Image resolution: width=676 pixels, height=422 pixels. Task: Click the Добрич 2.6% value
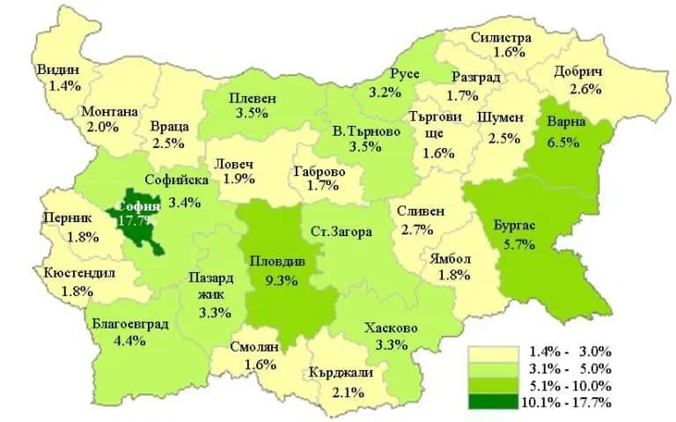pyautogui.click(x=584, y=88)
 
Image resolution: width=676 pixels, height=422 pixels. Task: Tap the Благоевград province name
pyautogui.click(x=129, y=322)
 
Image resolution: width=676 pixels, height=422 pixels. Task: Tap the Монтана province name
pyautogui.click(x=109, y=112)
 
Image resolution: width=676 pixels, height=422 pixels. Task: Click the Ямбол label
pyautogui.click(x=452, y=258)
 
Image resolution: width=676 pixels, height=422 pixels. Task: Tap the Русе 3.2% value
pyautogui.click(x=386, y=92)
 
